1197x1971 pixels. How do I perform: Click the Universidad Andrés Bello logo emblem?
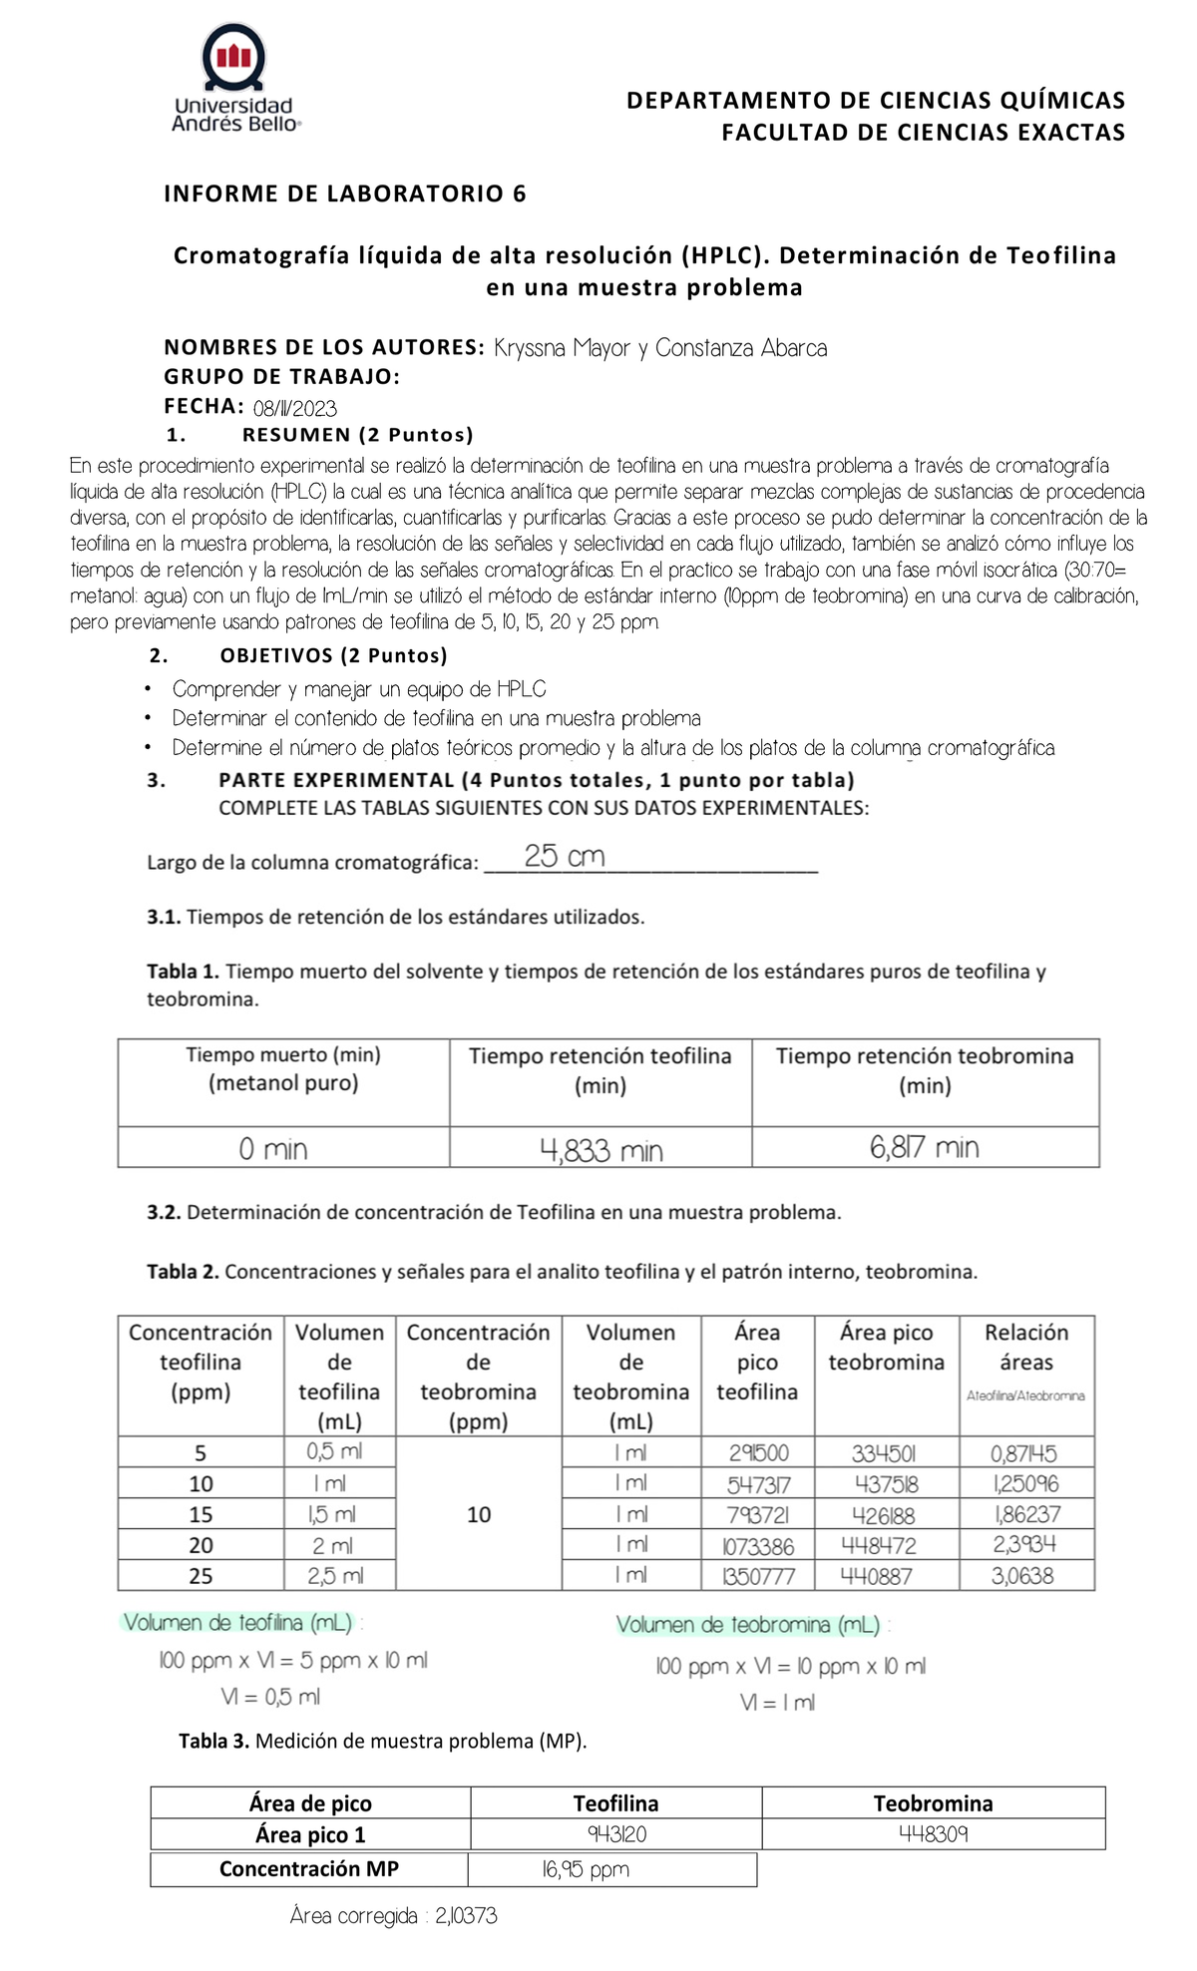pyautogui.click(x=234, y=58)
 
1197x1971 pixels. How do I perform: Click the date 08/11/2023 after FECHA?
pyautogui.click(x=295, y=408)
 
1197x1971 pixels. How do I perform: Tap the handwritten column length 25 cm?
pyautogui.click(x=565, y=857)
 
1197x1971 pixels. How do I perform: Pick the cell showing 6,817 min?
pyautogui.click(x=925, y=1148)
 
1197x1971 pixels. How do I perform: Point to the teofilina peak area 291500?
pyautogui.click(x=758, y=1453)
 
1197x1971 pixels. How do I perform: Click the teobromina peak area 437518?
pyautogui.click(x=886, y=1484)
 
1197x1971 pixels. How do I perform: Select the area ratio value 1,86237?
pyautogui.click(x=1026, y=1514)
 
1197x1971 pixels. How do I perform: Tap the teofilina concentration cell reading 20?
pyautogui.click(x=200, y=1545)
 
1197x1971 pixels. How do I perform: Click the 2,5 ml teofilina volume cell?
pyautogui.click(x=335, y=1576)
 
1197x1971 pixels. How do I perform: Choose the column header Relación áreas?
pyautogui.click(x=1025, y=1347)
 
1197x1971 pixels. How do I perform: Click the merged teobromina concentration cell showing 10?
pyautogui.click(x=479, y=1514)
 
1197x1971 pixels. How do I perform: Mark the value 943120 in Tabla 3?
pyautogui.click(x=615, y=1834)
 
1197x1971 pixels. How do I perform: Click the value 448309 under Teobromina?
pyautogui.click(x=933, y=1834)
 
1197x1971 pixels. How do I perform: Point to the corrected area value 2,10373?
pyautogui.click(x=466, y=1916)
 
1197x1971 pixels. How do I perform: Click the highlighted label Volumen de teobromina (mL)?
pyautogui.click(x=748, y=1625)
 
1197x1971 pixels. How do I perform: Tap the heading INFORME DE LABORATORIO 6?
pyautogui.click(x=344, y=194)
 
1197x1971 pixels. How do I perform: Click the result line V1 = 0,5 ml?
pyautogui.click(x=270, y=1697)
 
